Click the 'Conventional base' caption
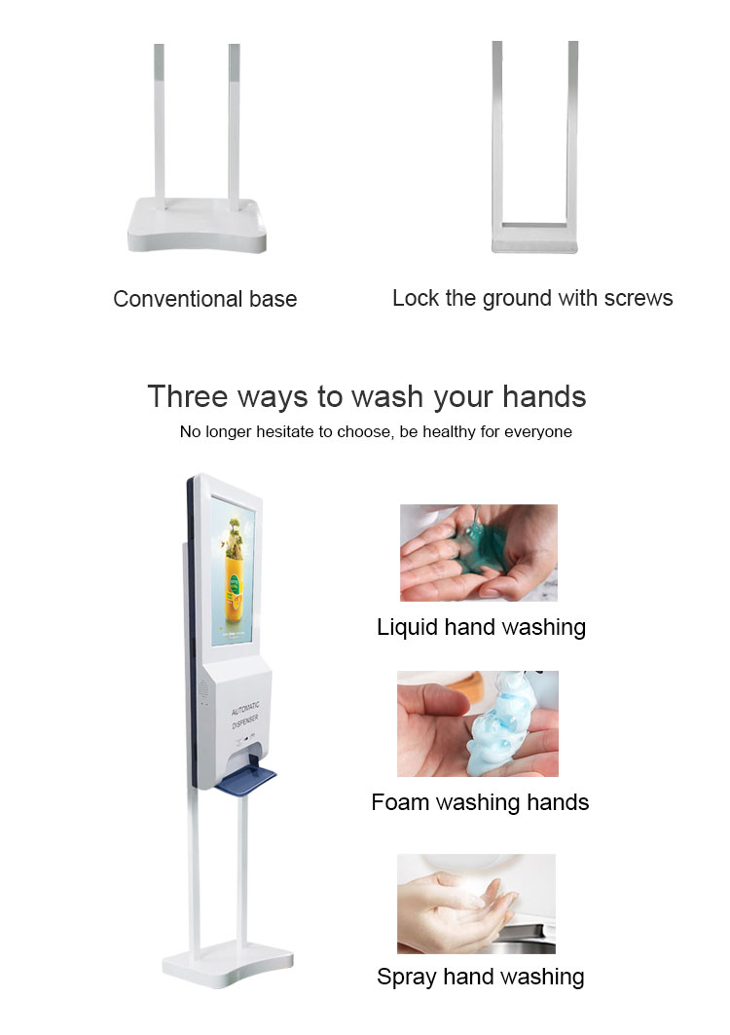[x=205, y=299]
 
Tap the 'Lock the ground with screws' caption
[x=532, y=298]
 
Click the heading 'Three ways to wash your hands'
[x=367, y=396]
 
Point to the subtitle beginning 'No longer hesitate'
[x=376, y=431]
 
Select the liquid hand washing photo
[x=479, y=553]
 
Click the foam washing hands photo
[x=478, y=723]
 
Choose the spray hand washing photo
[x=476, y=904]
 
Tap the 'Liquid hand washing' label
[x=481, y=627]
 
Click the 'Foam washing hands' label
[x=480, y=802]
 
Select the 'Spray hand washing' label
[x=481, y=977]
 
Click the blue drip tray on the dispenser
[x=245, y=777]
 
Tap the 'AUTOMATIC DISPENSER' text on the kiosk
[x=245, y=716]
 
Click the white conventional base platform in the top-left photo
[x=198, y=225]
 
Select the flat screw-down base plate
[x=534, y=240]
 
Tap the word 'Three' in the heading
[x=189, y=396]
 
